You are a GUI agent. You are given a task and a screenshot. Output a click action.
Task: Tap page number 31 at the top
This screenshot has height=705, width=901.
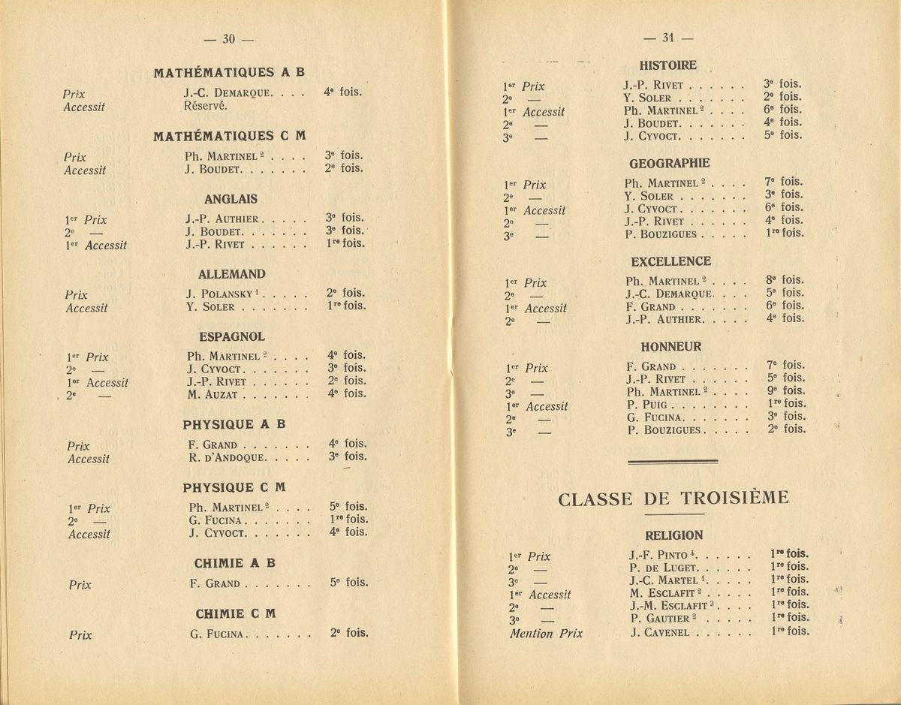tap(667, 38)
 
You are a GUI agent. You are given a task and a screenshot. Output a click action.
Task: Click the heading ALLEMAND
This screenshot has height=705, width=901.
tap(231, 275)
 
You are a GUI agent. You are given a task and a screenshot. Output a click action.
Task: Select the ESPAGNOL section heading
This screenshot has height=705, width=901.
tap(231, 337)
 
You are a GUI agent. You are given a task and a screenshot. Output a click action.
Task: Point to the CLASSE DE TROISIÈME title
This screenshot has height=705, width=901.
tap(673, 499)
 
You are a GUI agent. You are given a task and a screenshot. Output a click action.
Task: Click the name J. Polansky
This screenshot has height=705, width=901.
tap(218, 294)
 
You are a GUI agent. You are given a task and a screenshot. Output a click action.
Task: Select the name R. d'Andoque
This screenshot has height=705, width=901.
tap(224, 456)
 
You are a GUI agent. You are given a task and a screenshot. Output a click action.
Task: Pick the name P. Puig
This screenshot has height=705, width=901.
tap(646, 404)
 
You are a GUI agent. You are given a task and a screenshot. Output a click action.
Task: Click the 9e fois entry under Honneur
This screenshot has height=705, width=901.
tap(785, 390)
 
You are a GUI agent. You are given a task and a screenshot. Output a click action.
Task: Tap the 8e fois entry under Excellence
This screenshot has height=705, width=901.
tap(784, 280)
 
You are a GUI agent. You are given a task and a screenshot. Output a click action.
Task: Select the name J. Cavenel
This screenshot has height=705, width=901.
tap(657, 631)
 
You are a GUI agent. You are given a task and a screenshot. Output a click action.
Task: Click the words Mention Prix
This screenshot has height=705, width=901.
tap(546, 633)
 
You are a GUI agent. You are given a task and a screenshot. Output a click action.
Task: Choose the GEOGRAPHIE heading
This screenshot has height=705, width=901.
tap(670, 163)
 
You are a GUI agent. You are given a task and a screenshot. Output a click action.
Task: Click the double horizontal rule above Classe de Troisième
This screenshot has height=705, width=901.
tap(673, 463)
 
